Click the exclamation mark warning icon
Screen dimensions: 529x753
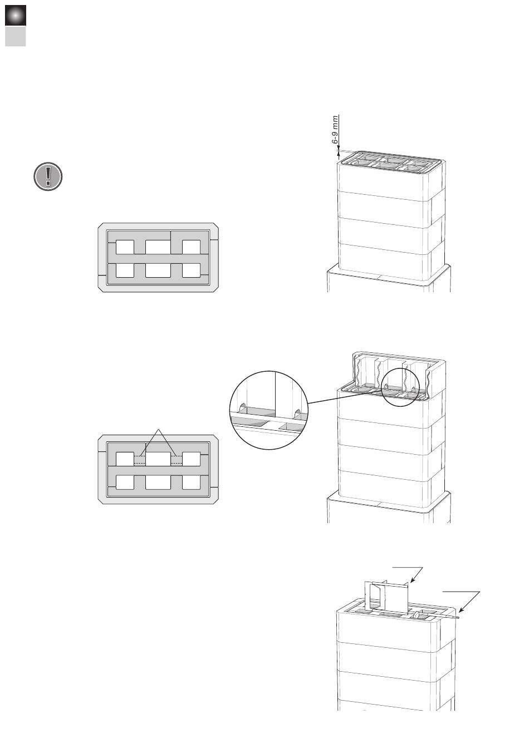pos(48,176)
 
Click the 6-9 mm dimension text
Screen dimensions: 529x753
pos(335,130)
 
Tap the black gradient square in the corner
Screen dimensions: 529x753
pos(16,16)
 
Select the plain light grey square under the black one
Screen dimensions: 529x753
pos(16,36)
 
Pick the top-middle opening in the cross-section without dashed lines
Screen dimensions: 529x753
pos(158,247)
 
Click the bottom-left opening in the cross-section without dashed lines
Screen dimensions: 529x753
pos(125,270)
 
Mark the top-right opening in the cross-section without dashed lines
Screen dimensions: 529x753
pos(191,247)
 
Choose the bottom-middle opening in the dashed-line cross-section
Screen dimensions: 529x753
pos(158,483)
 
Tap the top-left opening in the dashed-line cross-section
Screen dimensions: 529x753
pos(125,459)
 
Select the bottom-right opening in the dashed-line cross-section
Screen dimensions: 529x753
pos(191,483)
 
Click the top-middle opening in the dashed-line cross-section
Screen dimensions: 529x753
pos(158,459)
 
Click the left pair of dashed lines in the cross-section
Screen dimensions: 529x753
pos(140,460)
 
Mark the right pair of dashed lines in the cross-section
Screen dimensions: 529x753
pos(176,460)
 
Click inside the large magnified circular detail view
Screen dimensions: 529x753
pos(269,410)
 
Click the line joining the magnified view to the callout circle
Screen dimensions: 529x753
pos(345,397)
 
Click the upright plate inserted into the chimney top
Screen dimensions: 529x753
pos(387,597)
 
